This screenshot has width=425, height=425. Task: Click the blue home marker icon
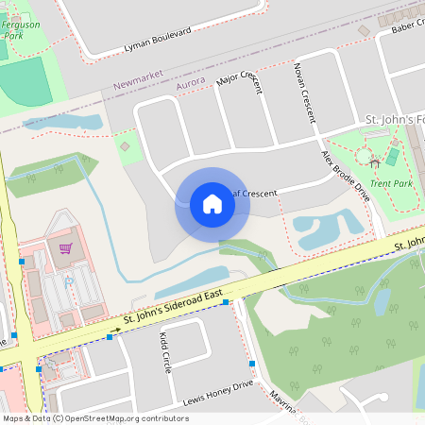pos(212,204)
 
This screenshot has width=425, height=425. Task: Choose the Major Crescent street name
pos(242,82)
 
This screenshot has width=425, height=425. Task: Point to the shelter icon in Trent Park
pos(375,163)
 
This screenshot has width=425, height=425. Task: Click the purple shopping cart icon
pos(65,249)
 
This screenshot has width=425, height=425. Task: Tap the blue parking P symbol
pos(68,280)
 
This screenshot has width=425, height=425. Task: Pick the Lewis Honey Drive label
pos(218,392)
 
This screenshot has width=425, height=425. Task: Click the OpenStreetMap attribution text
pos(94,417)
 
